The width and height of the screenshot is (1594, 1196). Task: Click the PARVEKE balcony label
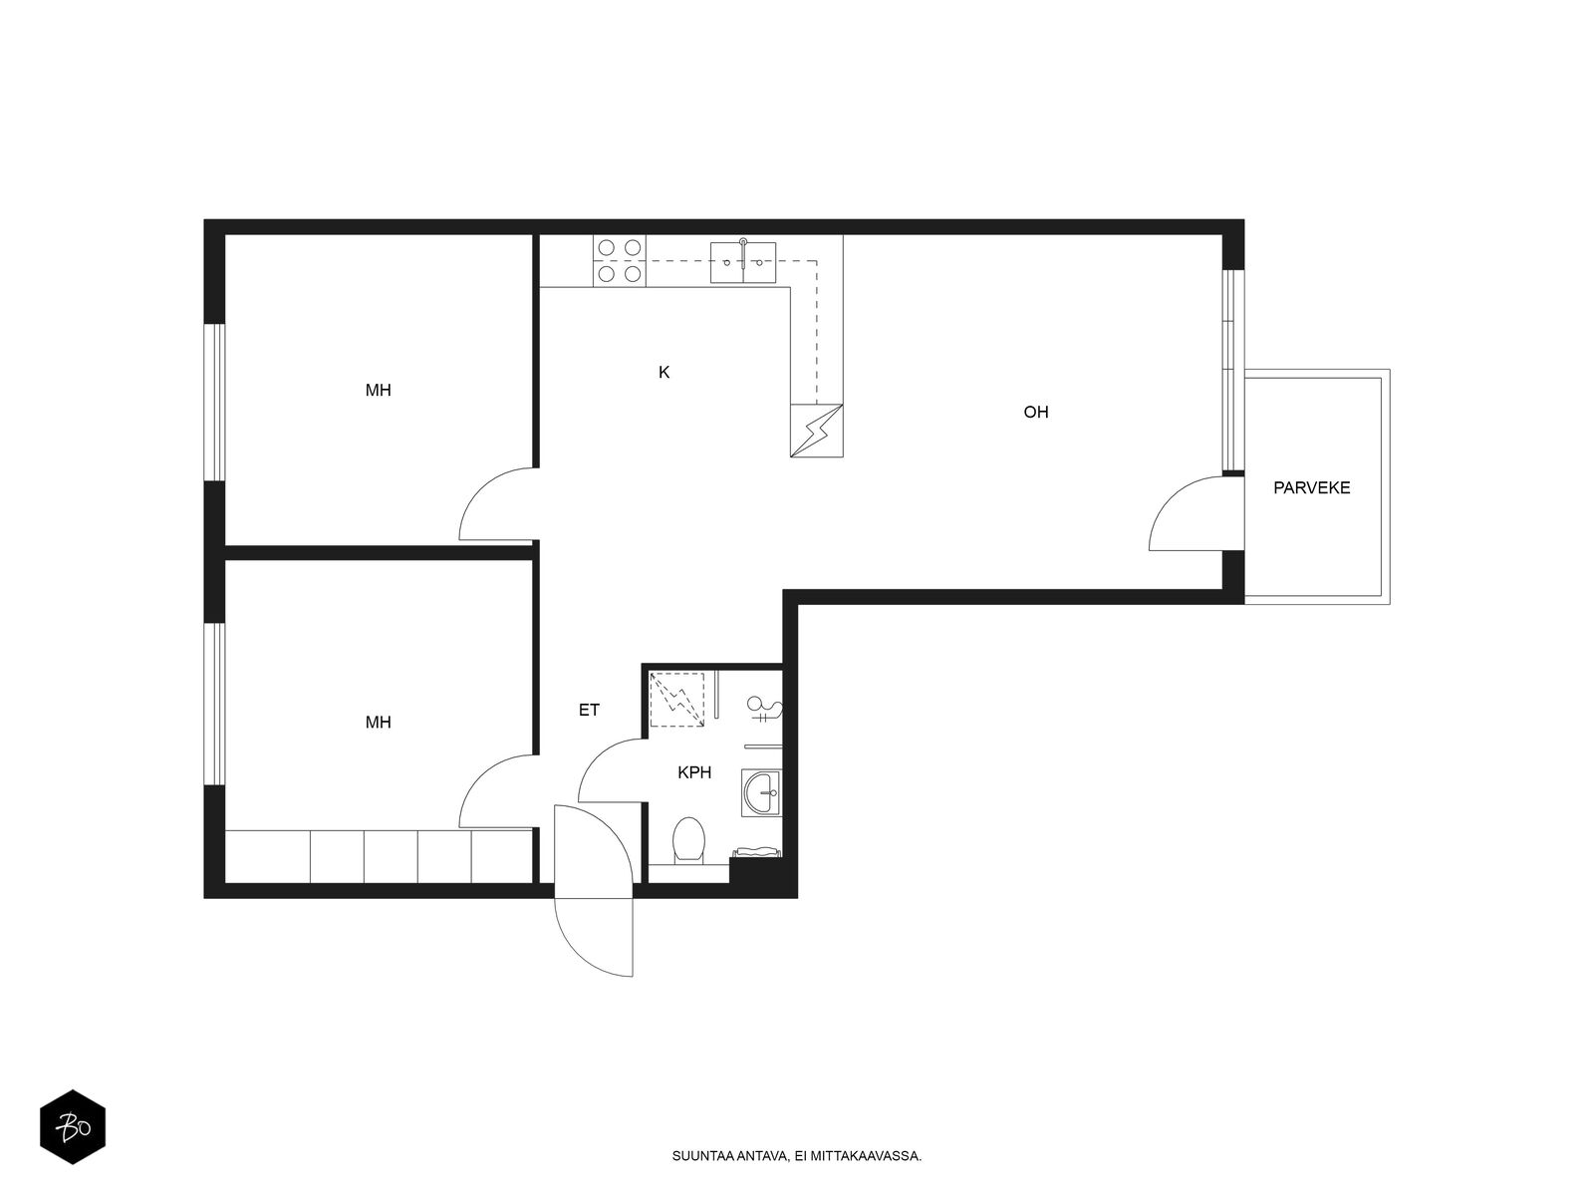[x=1311, y=488]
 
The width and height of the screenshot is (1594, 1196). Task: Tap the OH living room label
[x=1035, y=413]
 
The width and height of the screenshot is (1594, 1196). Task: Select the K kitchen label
[x=664, y=373]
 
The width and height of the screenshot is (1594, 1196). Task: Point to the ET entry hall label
[x=589, y=711]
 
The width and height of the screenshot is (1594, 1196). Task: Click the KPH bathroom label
[x=694, y=772]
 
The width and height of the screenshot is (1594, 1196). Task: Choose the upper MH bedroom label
[x=379, y=391]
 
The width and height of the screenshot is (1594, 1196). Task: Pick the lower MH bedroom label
[x=379, y=723]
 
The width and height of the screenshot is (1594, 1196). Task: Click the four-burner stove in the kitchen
[x=620, y=261]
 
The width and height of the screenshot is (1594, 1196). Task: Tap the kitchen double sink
[x=743, y=262]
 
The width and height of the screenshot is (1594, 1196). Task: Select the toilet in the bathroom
[x=688, y=841]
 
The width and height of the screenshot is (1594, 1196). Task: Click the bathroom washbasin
[x=762, y=793]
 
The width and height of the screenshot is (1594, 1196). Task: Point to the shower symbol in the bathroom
[x=765, y=709]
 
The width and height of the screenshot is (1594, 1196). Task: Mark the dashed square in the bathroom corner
[x=676, y=700]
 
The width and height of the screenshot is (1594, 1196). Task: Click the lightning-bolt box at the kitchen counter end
[x=816, y=431]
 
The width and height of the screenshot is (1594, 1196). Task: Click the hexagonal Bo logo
[x=73, y=1128]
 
